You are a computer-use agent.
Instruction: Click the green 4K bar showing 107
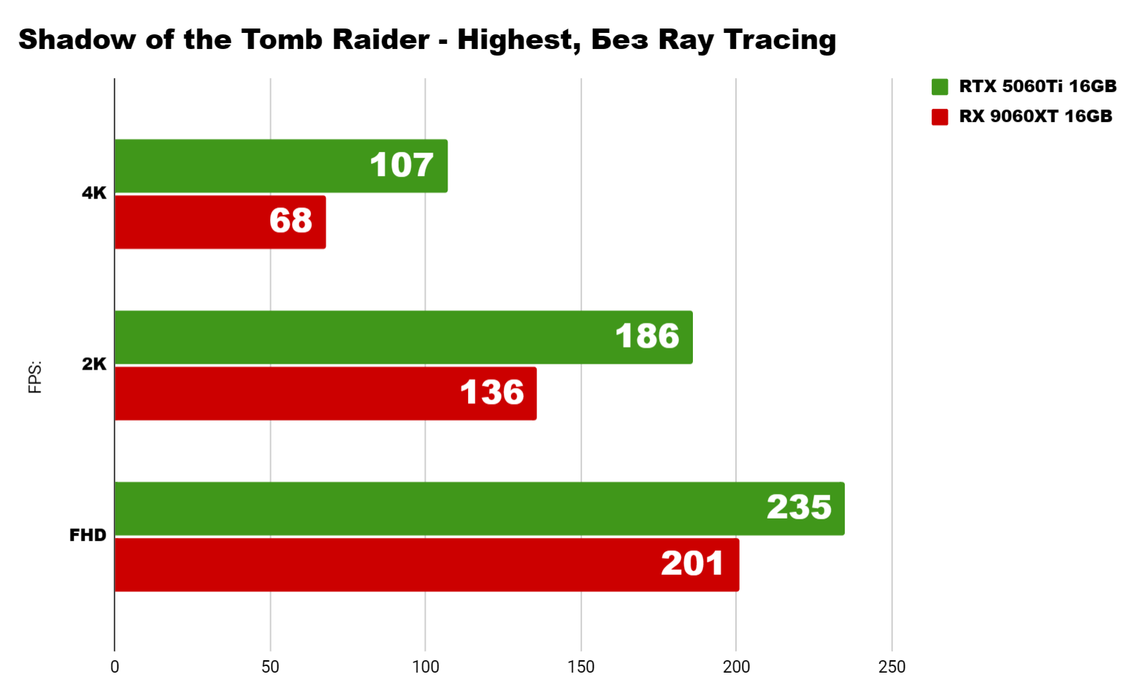click(281, 166)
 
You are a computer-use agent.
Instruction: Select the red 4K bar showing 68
click(220, 222)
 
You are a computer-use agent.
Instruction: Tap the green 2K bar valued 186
click(403, 337)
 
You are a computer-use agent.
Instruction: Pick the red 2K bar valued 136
click(326, 394)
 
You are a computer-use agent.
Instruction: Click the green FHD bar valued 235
click(479, 508)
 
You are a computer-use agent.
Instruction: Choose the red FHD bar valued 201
click(426, 565)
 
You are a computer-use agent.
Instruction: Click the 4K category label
click(94, 194)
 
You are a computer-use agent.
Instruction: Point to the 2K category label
click(94, 364)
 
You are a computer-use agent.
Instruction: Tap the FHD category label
click(88, 535)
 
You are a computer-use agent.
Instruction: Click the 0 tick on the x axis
click(115, 667)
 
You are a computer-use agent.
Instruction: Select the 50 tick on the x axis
click(270, 667)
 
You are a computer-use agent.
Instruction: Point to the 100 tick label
click(426, 667)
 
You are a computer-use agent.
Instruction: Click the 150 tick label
click(581, 667)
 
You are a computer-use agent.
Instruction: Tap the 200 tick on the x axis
click(736, 667)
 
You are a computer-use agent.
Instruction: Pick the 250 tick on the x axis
click(891, 667)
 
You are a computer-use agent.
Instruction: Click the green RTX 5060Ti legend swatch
click(940, 87)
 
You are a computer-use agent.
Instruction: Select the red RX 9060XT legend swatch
click(940, 117)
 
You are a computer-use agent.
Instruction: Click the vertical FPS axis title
click(35, 377)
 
